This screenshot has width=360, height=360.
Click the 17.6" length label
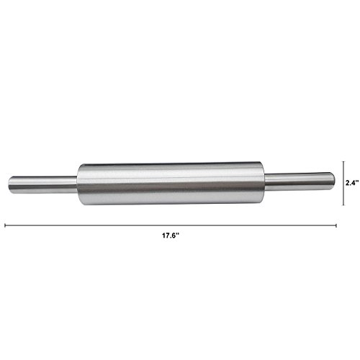[171, 235]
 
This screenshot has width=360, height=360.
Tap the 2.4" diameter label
[352, 183]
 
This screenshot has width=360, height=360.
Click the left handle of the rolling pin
[43, 185]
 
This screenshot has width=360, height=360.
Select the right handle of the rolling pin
[300, 181]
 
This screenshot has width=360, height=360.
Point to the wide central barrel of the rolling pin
[171, 184]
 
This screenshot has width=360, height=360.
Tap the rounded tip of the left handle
[10, 185]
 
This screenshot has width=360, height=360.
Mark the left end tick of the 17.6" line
[5, 225]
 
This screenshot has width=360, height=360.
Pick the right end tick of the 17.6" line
[336, 225]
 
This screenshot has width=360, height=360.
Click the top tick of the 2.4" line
[343, 162]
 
